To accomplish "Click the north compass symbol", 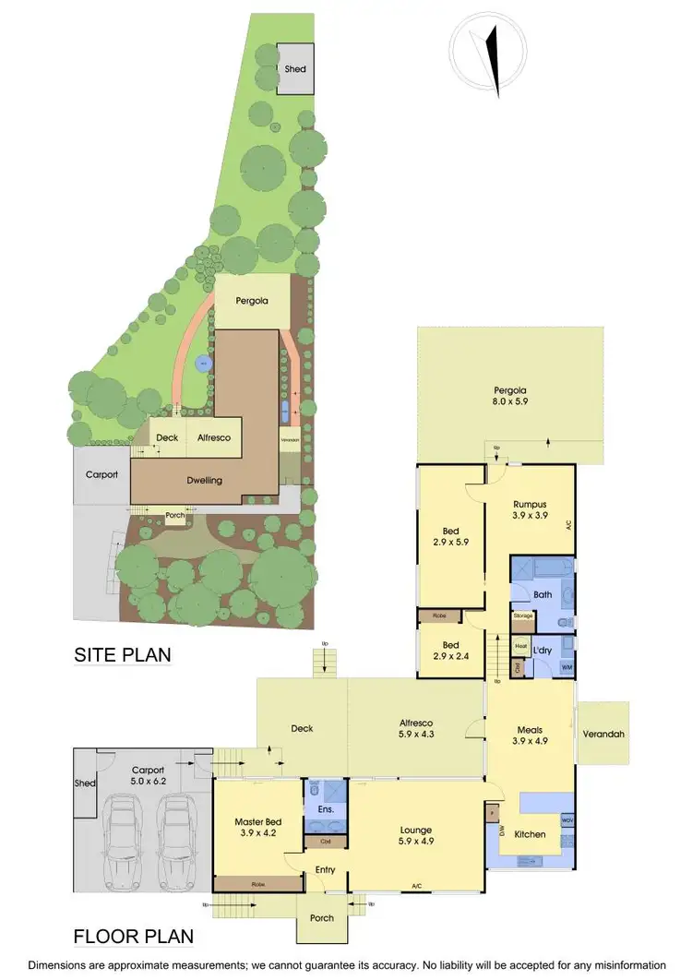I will click(x=485, y=57).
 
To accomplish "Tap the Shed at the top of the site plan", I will click(x=295, y=68).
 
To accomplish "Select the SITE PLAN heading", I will click(x=123, y=655).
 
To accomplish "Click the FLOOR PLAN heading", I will click(x=134, y=937).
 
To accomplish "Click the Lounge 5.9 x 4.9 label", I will click(x=415, y=836).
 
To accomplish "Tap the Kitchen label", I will click(x=530, y=834).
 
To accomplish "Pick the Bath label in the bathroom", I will click(x=542, y=594).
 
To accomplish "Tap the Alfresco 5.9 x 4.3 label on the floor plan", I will click(x=415, y=728).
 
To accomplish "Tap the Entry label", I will click(x=325, y=869).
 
